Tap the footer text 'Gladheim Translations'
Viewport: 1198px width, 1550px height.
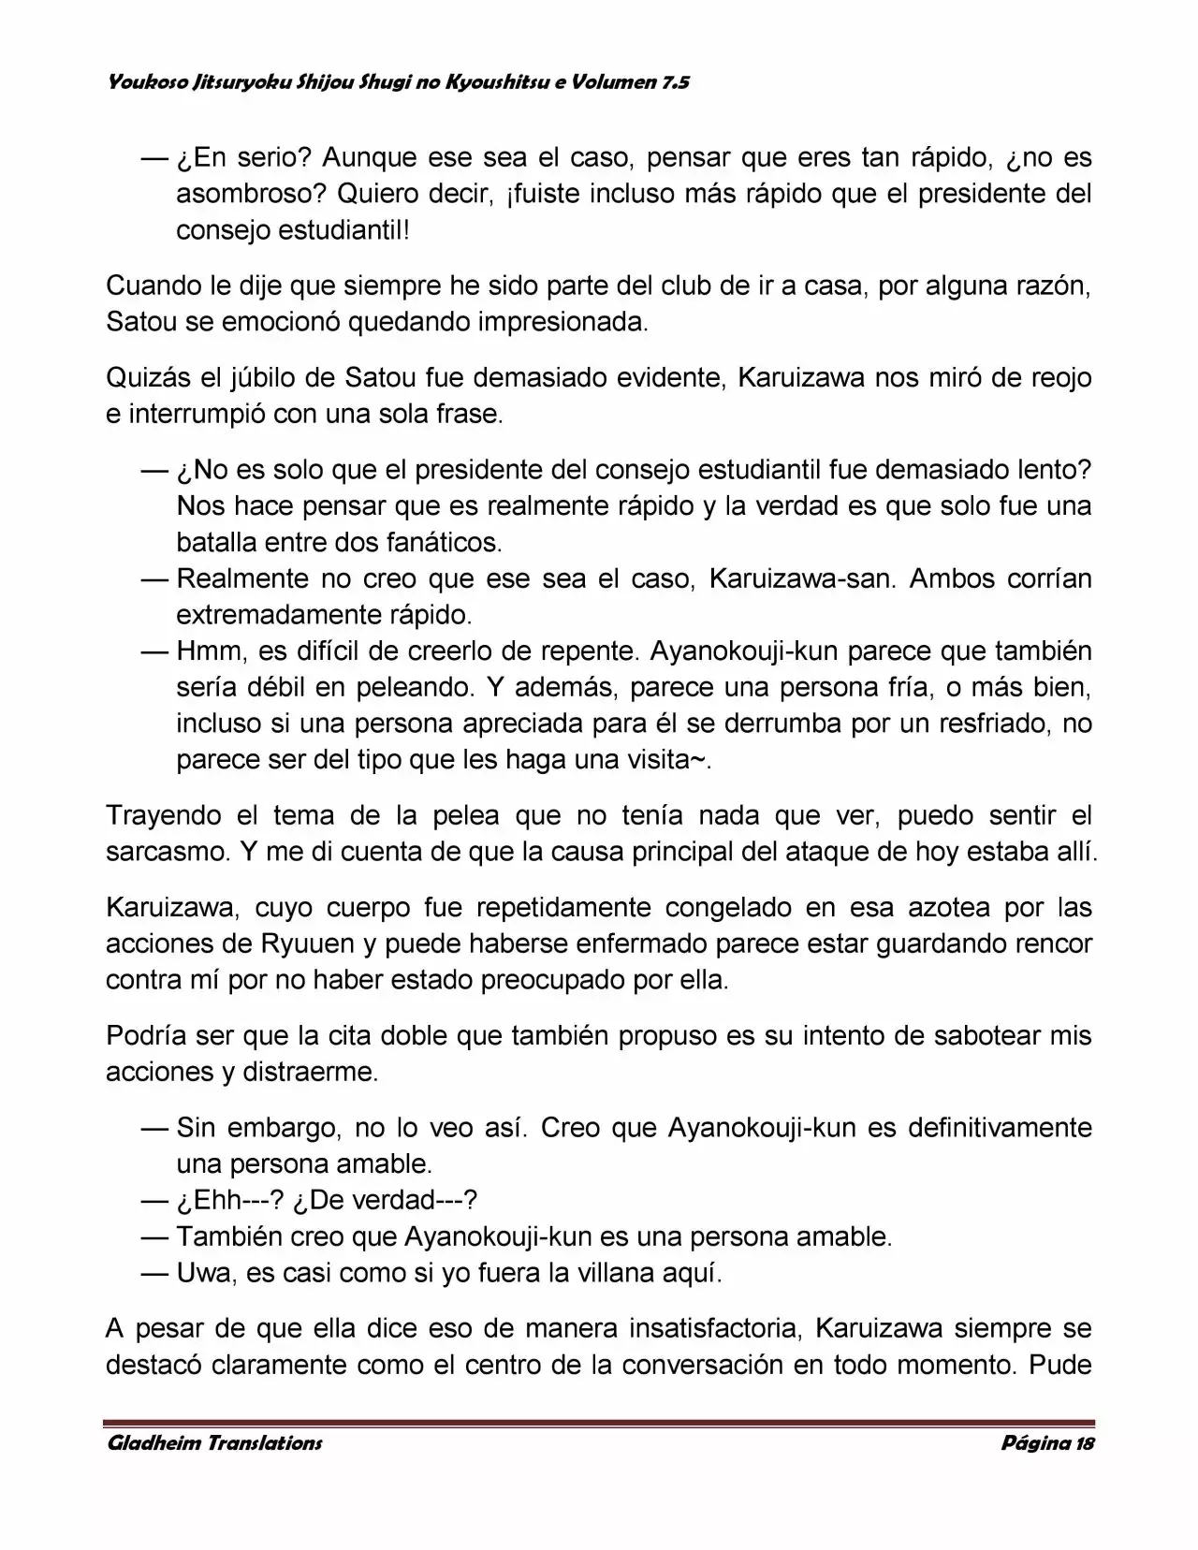(x=214, y=1442)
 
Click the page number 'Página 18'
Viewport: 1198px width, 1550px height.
(x=1047, y=1442)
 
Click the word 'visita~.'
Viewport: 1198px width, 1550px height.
(x=669, y=759)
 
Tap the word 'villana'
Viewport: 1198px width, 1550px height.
(x=615, y=1272)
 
